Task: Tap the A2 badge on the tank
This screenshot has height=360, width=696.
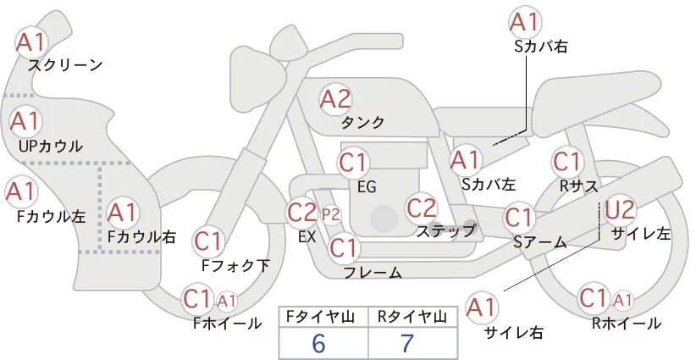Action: (x=334, y=99)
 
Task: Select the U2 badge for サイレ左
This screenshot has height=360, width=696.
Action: (x=619, y=208)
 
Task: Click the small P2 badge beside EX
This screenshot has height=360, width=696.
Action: (x=330, y=213)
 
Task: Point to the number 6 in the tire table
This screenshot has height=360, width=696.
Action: (x=318, y=343)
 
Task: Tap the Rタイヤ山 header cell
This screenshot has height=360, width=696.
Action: (x=414, y=317)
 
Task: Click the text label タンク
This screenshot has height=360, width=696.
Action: (x=362, y=122)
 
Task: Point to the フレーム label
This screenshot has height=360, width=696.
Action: (x=373, y=273)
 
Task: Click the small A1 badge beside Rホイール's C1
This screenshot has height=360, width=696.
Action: (x=622, y=299)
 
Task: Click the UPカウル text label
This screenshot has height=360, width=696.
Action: (x=50, y=146)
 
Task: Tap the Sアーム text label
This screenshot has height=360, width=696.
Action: (x=539, y=242)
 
